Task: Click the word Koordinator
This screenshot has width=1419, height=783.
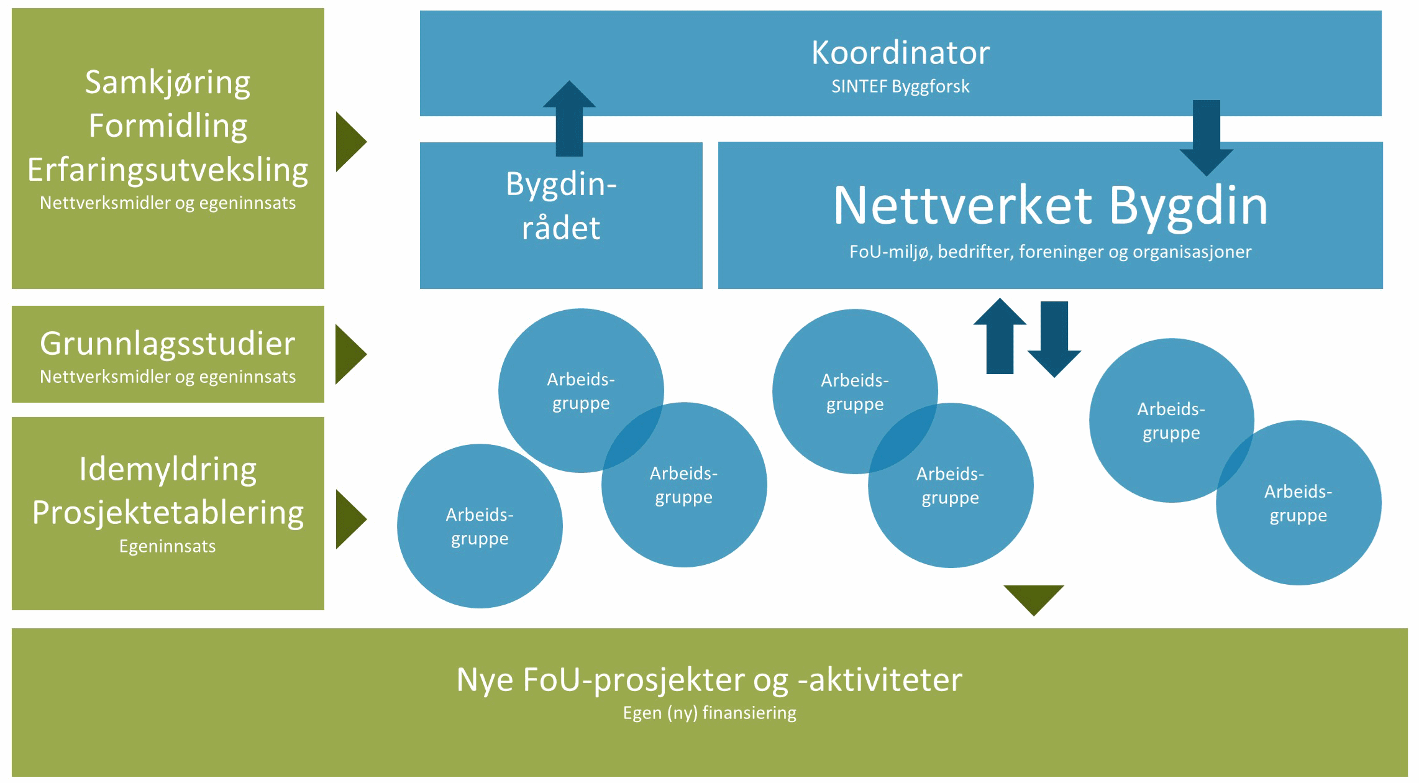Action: [x=900, y=53]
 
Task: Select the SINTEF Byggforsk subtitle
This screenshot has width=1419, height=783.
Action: [x=900, y=86]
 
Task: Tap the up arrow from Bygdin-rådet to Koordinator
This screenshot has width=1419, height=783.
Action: [x=569, y=118]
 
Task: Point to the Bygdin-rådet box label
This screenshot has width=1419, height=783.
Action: [x=561, y=206]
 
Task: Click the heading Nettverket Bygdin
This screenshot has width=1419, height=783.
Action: [x=1050, y=206]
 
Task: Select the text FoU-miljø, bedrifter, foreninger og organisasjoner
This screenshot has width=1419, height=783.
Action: [x=1050, y=252]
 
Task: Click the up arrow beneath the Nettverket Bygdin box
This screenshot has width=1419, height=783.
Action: [x=1000, y=336]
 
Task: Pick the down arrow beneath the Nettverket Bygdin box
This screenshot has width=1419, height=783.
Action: [x=1054, y=339]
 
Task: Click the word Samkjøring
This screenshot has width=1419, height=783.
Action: [x=168, y=83]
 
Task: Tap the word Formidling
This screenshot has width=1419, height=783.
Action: [x=168, y=126]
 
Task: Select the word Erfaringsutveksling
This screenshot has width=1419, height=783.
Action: [x=168, y=170]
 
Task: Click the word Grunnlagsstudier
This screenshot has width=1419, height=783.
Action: [x=168, y=344]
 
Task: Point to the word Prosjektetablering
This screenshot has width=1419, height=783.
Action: [x=168, y=513]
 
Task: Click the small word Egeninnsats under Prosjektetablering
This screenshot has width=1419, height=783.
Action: [x=168, y=546]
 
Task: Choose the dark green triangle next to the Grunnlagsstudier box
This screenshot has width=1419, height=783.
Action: [x=350, y=354]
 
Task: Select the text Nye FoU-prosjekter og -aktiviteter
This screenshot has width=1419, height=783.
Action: [x=709, y=679]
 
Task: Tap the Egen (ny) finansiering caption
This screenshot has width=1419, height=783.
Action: [x=709, y=713]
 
